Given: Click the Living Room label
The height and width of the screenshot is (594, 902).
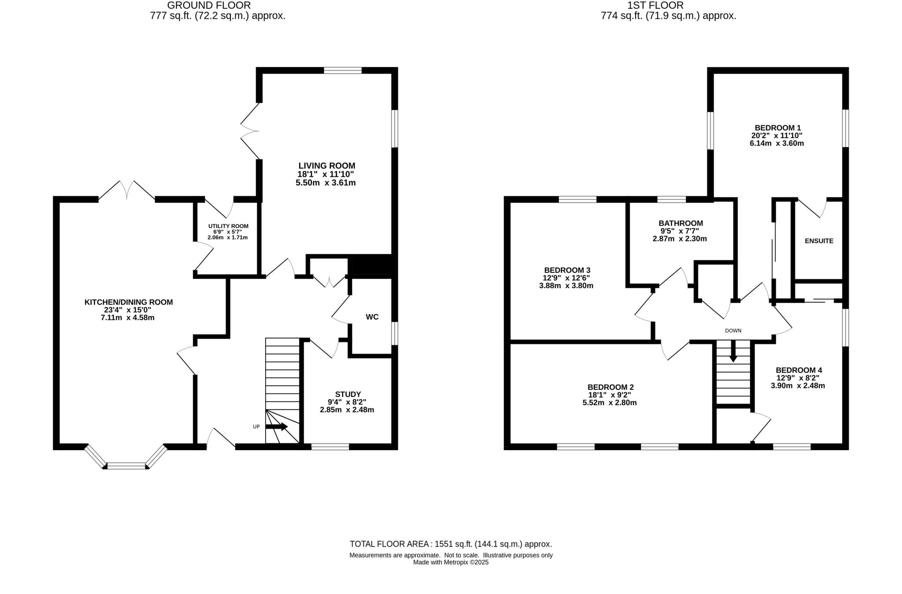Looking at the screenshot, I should pyautogui.click(x=326, y=166).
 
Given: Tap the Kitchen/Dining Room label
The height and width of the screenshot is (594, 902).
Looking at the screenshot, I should pyautogui.click(x=129, y=302).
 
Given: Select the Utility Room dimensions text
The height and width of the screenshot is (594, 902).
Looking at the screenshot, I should pyautogui.click(x=228, y=235).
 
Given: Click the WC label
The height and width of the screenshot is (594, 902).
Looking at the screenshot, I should pyautogui.click(x=372, y=317).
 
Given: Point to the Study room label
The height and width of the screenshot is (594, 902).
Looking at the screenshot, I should pyautogui.click(x=347, y=394).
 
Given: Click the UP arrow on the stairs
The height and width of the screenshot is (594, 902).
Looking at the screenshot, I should pyautogui.click(x=277, y=427).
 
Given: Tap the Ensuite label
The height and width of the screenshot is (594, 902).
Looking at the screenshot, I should pyautogui.click(x=819, y=241).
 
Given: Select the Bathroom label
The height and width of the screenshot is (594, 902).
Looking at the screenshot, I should pyautogui.click(x=680, y=223).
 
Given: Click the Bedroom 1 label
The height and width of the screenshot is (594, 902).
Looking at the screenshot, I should pyautogui.click(x=777, y=128).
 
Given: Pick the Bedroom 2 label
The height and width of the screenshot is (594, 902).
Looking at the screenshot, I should pyautogui.click(x=610, y=387).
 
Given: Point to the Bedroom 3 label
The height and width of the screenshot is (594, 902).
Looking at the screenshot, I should pyautogui.click(x=567, y=270).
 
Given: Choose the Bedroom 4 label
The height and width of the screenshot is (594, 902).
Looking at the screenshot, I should pyautogui.click(x=798, y=370).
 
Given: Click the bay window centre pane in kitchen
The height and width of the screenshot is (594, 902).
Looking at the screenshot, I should pyautogui.click(x=126, y=466).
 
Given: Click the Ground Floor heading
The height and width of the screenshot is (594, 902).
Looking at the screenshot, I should pyautogui.click(x=209, y=6).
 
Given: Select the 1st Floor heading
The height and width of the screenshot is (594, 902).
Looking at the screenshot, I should pyautogui.click(x=655, y=6).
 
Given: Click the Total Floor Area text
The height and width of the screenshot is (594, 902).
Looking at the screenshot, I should pyautogui.click(x=451, y=544).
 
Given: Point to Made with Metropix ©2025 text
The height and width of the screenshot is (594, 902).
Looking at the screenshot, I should pyautogui.click(x=451, y=562).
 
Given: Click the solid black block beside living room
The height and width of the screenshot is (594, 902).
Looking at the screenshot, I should pyautogui.click(x=373, y=266).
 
